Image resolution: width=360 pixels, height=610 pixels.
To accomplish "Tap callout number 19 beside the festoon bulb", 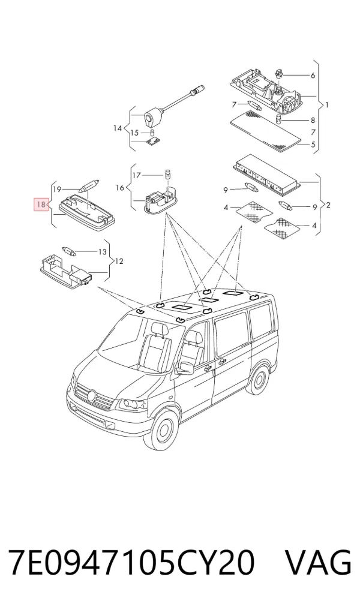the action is pyautogui.click(x=57, y=190).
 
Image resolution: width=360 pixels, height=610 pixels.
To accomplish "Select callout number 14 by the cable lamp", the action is pyautogui.click(x=118, y=128).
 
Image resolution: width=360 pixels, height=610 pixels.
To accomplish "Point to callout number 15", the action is pyautogui.click(x=134, y=133).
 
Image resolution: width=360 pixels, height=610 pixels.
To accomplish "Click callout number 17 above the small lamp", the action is pyautogui.click(x=136, y=176).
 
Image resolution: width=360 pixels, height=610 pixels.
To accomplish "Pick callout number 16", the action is pyautogui.click(x=120, y=188).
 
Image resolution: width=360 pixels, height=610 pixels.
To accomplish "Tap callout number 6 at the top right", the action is pyautogui.click(x=313, y=76).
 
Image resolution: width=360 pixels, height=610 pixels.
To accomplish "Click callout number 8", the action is pyautogui.click(x=313, y=121).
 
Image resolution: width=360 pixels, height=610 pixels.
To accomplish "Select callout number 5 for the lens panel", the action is pyautogui.click(x=313, y=145).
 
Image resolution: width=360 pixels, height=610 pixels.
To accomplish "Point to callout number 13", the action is pyautogui.click(x=102, y=252).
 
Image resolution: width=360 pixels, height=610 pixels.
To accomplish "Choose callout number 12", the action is pyautogui.click(x=119, y=262).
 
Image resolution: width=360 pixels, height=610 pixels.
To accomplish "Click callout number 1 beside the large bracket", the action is pyautogui.click(x=328, y=104).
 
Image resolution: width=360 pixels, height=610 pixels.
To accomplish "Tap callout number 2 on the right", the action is pyautogui.click(x=328, y=205).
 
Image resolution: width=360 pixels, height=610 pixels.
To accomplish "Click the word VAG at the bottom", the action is pyautogui.click(x=319, y=562).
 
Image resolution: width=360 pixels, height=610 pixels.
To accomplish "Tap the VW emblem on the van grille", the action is pyautogui.click(x=92, y=396).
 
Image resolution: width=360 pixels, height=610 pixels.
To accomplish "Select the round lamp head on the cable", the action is pyautogui.click(x=150, y=118).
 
